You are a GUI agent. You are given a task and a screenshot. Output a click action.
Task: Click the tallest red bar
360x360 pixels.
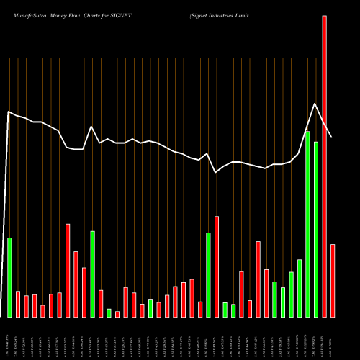click(x=325, y=166)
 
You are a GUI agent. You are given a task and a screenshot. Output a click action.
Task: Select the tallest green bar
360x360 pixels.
click(x=307, y=224)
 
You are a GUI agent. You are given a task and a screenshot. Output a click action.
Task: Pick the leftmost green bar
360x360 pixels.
click(x=9, y=277)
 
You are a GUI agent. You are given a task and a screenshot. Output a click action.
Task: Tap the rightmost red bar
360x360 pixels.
click(x=333, y=281)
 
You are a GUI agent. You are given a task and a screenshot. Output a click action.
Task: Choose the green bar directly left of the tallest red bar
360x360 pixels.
click(x=316, y=229)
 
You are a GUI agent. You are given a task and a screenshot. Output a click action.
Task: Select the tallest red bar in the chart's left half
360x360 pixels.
click(x=68, y=270)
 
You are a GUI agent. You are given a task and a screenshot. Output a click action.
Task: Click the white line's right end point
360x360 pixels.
click(x=332, y=137)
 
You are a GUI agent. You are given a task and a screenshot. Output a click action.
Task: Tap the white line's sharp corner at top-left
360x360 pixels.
click(x=8, y=112)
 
